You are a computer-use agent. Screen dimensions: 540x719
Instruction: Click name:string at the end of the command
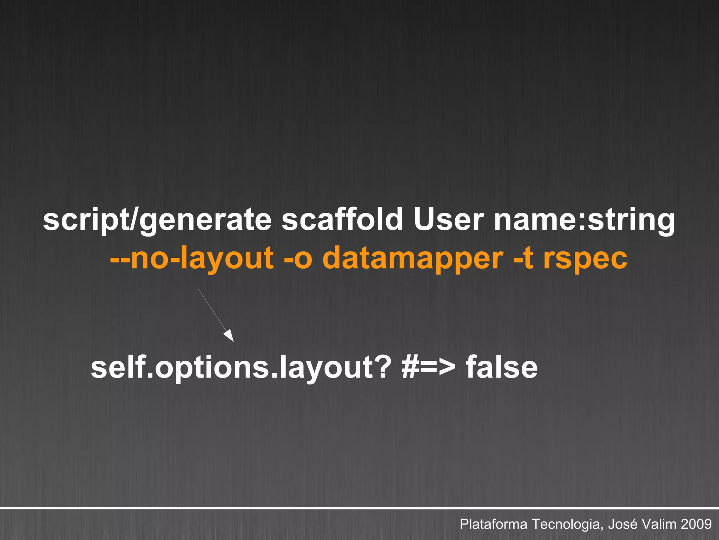(584, 220)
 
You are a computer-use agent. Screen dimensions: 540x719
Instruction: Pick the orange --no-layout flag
(192, 258)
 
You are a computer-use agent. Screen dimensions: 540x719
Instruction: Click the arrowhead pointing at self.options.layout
(229, 335)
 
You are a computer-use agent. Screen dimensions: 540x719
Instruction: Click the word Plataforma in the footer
(493, 524)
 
